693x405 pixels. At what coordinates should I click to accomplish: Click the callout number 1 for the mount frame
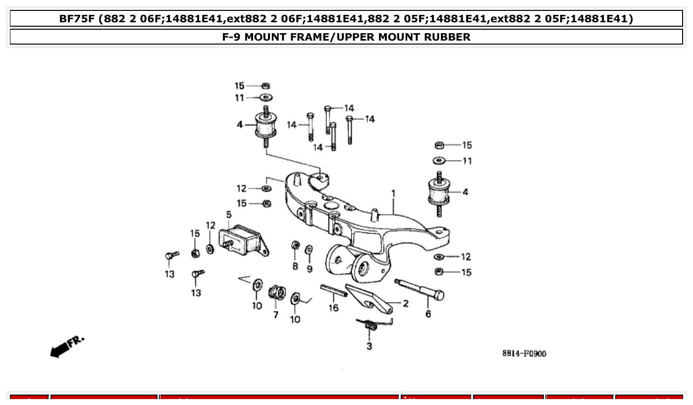pyautogui.click(x=393, y=193)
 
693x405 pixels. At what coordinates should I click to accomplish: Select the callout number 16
pyautogui.click(x=333, y=308)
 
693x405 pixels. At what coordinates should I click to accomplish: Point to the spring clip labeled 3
pyautogui.click(x=371, y=324)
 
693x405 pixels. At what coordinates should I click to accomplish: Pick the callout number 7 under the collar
pyautogui.click(x=275, y=314)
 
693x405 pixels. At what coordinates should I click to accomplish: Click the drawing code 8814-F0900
pyautogui.click(x=524, y=354)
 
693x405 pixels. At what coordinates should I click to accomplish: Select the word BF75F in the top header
pyautogui.click(x=78, y=19)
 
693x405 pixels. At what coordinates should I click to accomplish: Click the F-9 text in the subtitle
pyautogui.click(x=233, y=37)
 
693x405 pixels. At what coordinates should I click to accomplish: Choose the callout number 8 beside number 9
pyautogui.click(x=295, y=266)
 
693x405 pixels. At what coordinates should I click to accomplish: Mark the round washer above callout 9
pyautogui.click(x=309, y=249)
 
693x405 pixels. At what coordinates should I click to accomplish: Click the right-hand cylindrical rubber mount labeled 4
pyautogui.click(x=439, y=192)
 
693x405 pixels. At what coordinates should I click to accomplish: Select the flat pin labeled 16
pyautogui.click(x=333, y=291)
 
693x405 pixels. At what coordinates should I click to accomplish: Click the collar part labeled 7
pyautogui.click(x=276, y=293)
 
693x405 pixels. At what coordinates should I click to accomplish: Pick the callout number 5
pyautogui.click(x=229, y=214)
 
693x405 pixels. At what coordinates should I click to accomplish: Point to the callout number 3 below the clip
pyautogui.click(x=369, y=346)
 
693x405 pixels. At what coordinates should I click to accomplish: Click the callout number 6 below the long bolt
pyautogui.click(x=428, y=314)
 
